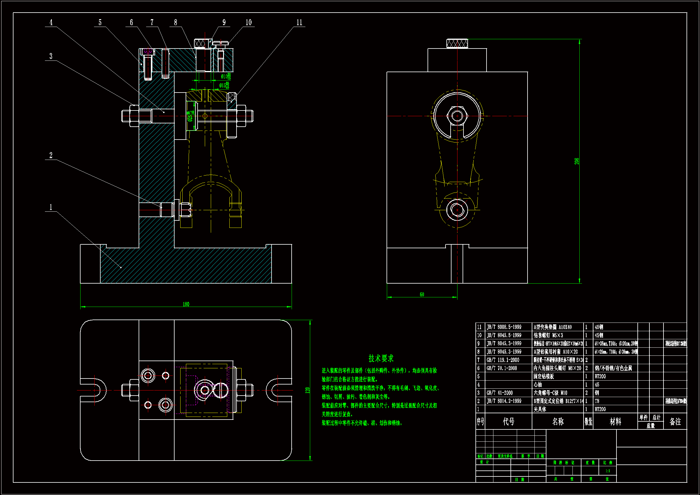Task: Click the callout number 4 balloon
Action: point(51,22)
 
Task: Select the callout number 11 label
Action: point(299,22)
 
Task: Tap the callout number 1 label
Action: point(51,208)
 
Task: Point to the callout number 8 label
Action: point(175,22)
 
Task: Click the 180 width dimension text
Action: point(186,304)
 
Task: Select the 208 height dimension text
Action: point(576,161)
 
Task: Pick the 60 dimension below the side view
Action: point(422,294)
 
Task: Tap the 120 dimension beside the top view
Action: point(307,390)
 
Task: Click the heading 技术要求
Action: point(381,358)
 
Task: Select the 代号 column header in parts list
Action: point(508,422)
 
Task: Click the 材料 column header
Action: point(615,422)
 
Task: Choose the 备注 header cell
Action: point(675,422)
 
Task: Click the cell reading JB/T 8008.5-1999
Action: point(504,327)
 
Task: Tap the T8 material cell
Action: point(597,401)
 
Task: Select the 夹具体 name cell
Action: point(540,409)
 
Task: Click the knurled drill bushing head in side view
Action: point(457,44)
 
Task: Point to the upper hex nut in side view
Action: point(457,116)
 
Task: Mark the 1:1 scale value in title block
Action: point(607,471)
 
